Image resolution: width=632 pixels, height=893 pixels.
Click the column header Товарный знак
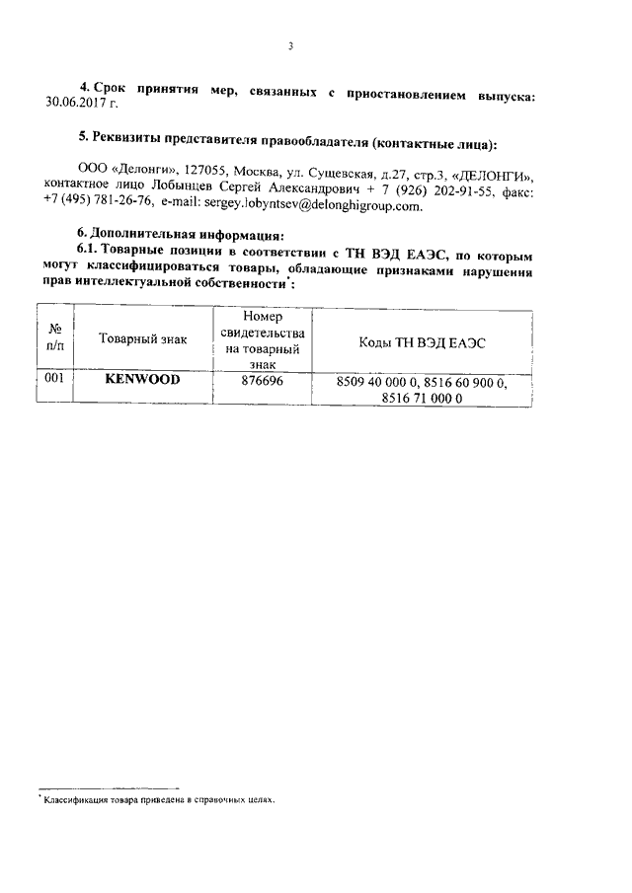142,339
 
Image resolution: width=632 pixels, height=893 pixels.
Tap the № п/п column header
54,339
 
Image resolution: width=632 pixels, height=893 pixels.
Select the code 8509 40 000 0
379,381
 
